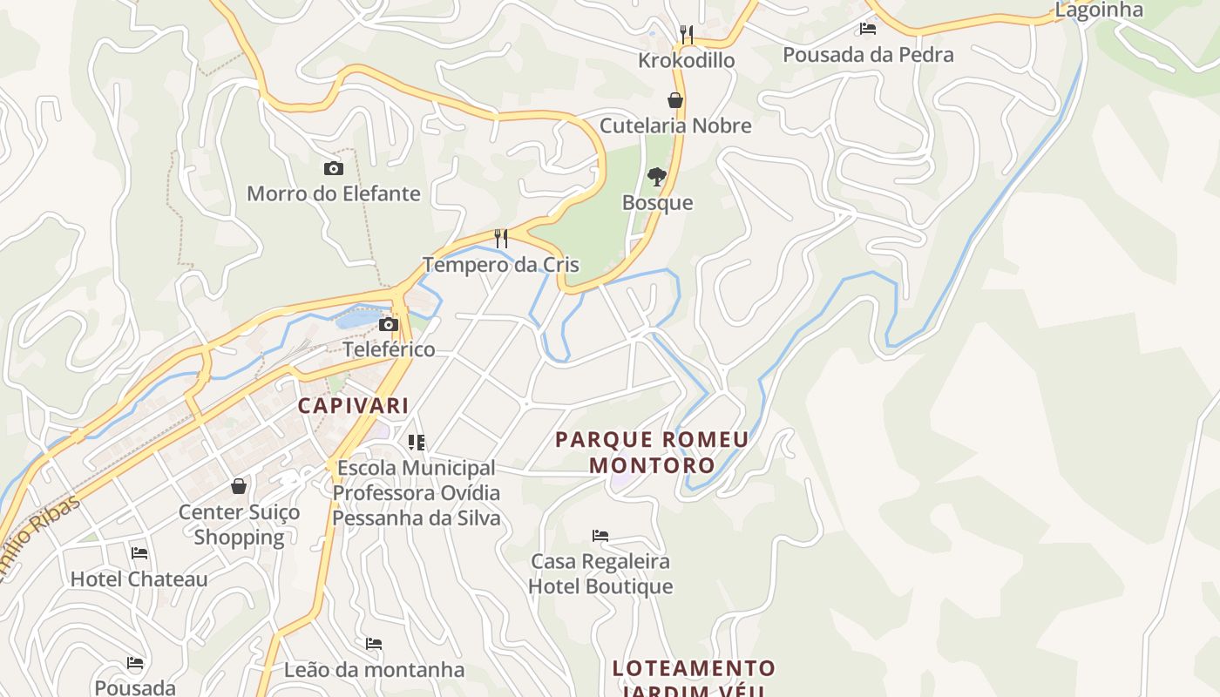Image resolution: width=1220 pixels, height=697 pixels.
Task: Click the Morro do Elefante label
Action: (x=334, y=193)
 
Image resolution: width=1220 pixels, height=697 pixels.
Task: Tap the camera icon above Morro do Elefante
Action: (x=333, y=168)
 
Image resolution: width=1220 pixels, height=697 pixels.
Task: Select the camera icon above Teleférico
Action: (x=389, y=325)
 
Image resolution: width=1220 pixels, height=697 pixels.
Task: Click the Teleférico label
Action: (x=389, y=349)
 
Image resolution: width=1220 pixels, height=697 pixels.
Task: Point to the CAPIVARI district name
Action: (x=353, y=405)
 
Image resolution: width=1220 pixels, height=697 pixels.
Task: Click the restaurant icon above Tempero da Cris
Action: (x=501, y=238)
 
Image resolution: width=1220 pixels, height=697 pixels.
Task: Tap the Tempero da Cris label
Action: (x=500, y=264)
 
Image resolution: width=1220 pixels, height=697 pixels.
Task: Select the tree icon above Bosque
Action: (x=657, y=177)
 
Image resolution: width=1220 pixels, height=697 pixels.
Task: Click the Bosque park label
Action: (x=657, y=203)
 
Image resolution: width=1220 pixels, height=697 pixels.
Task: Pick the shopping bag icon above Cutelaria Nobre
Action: (x=675, y=100)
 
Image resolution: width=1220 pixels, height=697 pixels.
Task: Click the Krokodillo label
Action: (x=687, y=60)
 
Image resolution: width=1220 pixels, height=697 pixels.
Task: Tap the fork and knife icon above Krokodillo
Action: (x=687, y=35)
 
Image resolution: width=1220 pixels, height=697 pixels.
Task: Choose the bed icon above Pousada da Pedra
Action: (x=868, y=29)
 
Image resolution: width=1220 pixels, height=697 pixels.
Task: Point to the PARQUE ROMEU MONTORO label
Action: (x=653, y=451)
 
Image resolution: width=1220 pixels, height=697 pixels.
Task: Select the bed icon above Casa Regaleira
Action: (x=600, y=535)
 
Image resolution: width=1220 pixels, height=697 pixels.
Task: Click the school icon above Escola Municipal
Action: (x=417, y=443)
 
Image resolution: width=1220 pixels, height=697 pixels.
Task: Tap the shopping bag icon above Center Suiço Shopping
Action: (x=239, y=486)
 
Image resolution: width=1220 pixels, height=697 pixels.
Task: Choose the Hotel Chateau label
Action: (x=139, y=579)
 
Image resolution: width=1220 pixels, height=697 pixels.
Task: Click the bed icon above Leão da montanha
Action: (x=374, y=644)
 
